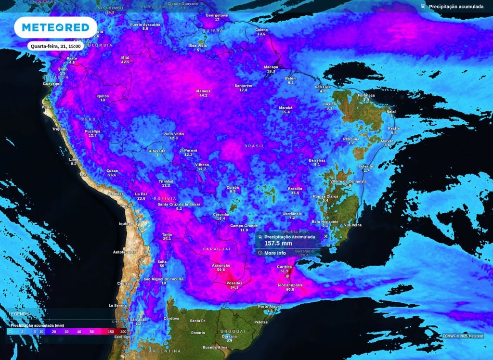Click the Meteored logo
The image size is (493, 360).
click(x=56, y=27)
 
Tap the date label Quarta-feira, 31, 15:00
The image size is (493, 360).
click(x=55, y=47)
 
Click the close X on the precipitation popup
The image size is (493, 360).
click(x=326, y=236)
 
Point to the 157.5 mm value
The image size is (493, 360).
click(x=279, y=244)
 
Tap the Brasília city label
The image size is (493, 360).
click(x=295, y=189)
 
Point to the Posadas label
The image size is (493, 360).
click(x=234, y=283)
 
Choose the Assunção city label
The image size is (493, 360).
click(x=221, y=265)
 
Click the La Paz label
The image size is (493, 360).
click(x=141, y=194)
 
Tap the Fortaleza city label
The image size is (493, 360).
click(x=366, y=95)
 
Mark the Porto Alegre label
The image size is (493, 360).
click(x=269, y=307)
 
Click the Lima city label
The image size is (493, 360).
click(x=74, y=159)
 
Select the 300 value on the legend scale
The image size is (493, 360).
click(x=123, y=332)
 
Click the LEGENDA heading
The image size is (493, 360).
click(x=19, y=314)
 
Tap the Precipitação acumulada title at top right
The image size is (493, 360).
click(x=456, y=6)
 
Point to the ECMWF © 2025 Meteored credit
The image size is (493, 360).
click(x=463, y=336)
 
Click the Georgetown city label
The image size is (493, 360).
click(x=217, y=15)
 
